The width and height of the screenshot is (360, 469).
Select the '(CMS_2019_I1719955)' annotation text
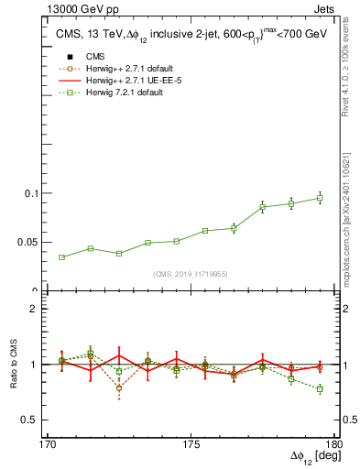coord(191,274)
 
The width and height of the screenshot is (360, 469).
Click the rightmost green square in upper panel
coord(320,198)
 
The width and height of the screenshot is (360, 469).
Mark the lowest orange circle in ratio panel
coord(119,388)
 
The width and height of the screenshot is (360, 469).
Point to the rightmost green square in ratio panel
coord(320,389)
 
